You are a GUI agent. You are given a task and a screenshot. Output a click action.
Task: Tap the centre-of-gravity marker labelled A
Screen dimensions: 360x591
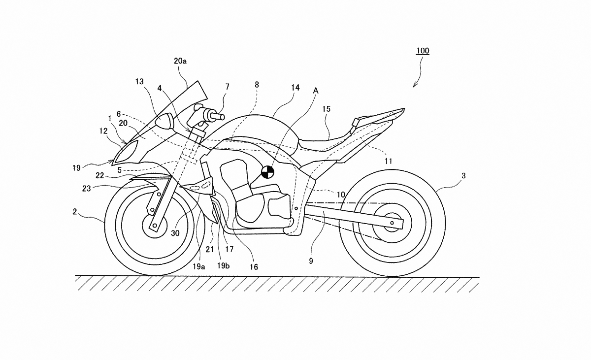(267, 172)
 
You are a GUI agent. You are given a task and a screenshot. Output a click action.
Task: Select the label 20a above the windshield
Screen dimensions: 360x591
(180, 61)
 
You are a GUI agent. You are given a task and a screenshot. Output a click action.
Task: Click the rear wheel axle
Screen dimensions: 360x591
(392, 224)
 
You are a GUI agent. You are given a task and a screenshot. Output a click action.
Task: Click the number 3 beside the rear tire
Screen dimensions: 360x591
(463, 175)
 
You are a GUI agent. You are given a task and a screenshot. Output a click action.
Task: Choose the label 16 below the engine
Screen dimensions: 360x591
(254, 267)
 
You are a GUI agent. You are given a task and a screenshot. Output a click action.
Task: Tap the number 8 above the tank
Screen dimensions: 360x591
(257, 85)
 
